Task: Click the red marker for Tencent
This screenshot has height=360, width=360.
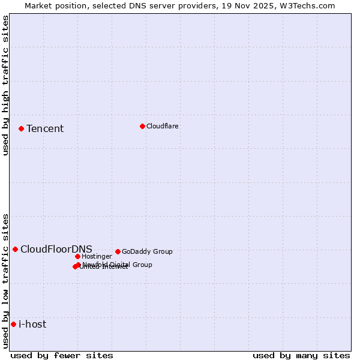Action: coord(21,128)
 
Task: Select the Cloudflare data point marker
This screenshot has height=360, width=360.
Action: coord(142,126)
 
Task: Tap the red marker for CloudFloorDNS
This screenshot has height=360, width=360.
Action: coord(15,249)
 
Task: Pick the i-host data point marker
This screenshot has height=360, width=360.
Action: coord(13,324)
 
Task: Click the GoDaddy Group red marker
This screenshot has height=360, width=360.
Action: coord(118,251)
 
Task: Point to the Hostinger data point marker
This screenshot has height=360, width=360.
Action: coord(77,256)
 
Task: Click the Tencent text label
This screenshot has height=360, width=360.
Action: coord(45,128)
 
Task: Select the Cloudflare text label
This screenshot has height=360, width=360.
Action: coord(162,126)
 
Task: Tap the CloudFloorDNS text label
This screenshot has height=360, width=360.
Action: coord(56,249)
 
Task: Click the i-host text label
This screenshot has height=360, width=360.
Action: coord(32,324)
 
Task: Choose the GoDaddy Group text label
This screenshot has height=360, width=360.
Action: coord(147,251)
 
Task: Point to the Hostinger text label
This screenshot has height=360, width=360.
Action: coord(97,256)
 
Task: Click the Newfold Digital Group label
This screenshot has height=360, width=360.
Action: coord(117,264)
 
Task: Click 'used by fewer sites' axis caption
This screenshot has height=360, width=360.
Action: coord(62,355)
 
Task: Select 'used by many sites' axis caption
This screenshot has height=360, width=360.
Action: coord(301,355)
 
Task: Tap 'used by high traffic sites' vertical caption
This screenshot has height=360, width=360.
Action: coord(6,85)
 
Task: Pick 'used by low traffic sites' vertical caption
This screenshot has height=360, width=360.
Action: coord(6,281)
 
